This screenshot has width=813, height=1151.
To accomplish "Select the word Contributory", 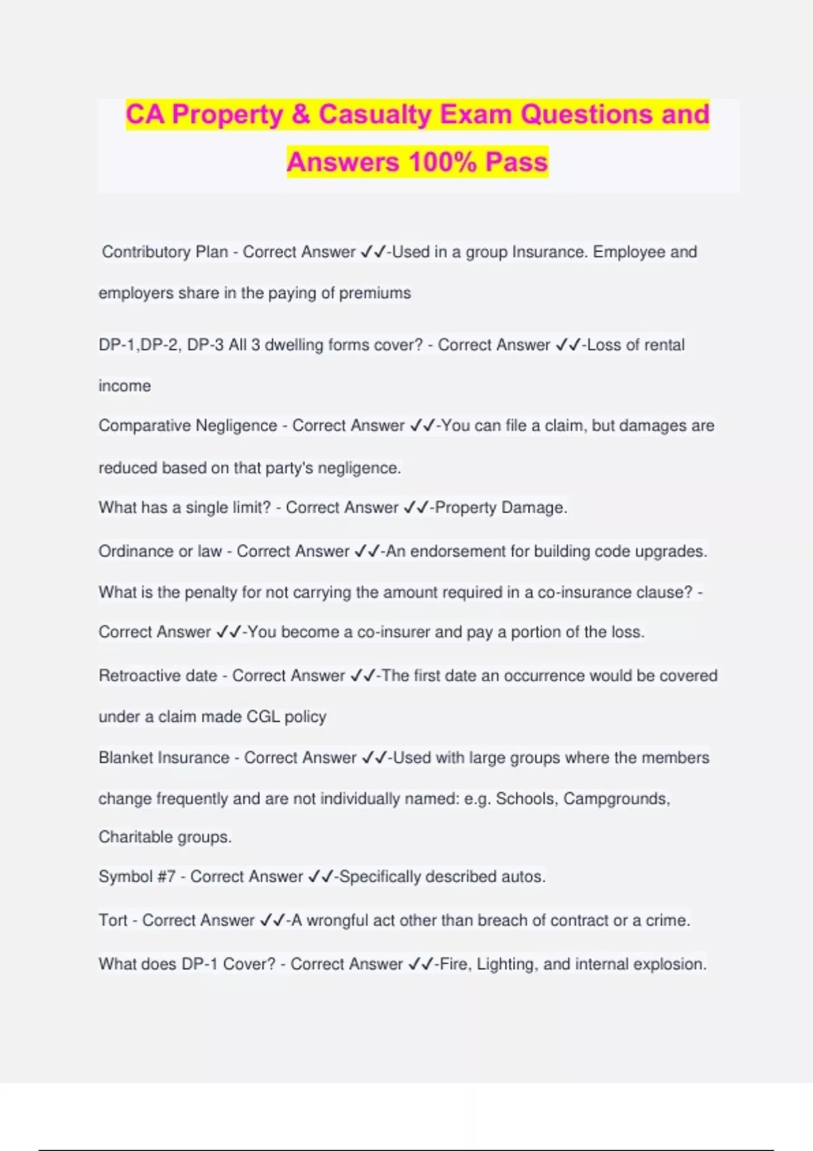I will (x=146, y=252).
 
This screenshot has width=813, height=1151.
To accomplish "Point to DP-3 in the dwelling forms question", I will (x=205, y=345).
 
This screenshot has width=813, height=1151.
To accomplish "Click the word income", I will (x=125, y=386).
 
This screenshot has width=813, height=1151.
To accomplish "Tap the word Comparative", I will (x=144, y=426).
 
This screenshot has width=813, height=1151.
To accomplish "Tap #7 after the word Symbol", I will (x=166, y=877).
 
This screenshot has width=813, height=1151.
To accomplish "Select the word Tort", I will (x=112, y=921).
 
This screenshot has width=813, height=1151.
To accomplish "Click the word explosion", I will (x=671, y=964).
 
